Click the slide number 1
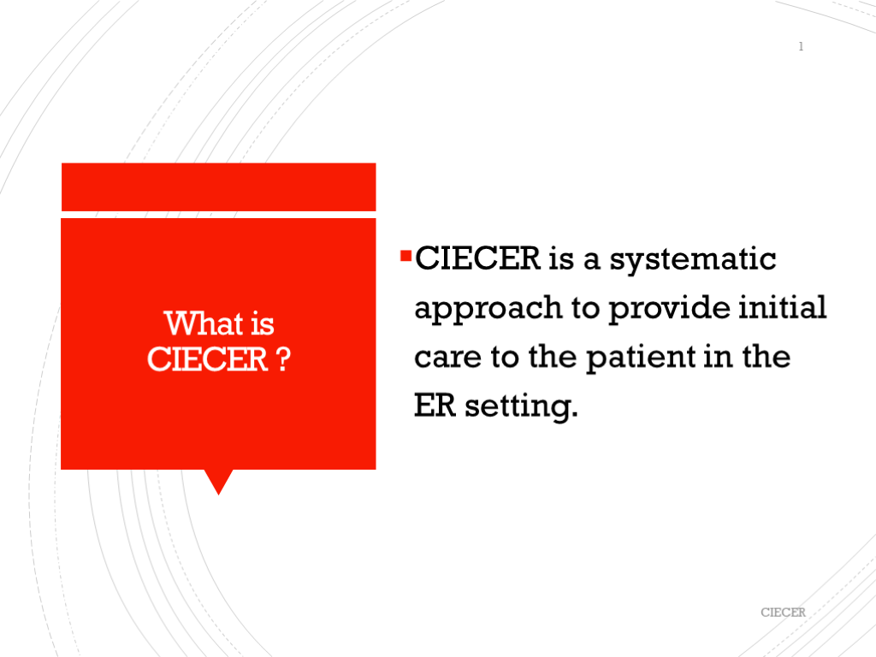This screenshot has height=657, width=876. pyautogui.click(x=801, y=46)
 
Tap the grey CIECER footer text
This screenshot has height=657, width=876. pyautogui.click(x=783, y=613)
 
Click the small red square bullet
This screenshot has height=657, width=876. pyautogui.click(x=406, y=257)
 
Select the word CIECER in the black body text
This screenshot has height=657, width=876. pyautogui.click(x=477, y=258)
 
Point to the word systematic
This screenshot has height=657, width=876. pyautogui.click(x=692, y=260)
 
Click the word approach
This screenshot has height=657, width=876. pyautogui.click(x=488, y=309)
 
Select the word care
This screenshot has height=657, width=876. pyautogui.click(x=447, y=358)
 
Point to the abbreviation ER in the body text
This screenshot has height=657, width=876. pyautogui.click(x=435, y=405)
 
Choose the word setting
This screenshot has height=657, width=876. pyautogui.click(x=521, y=407)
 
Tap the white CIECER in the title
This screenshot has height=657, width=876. pyautogui.click(x=207, y=359)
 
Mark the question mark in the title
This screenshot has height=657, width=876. pyautogui.click(x=284, y=359)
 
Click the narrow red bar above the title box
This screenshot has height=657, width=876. pyautogui.click(x=218, y=187)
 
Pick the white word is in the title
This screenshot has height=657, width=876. pyautogui.click(x=263, y=324)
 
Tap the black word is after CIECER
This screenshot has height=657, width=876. pyautogui.click(x=561, y=258)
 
